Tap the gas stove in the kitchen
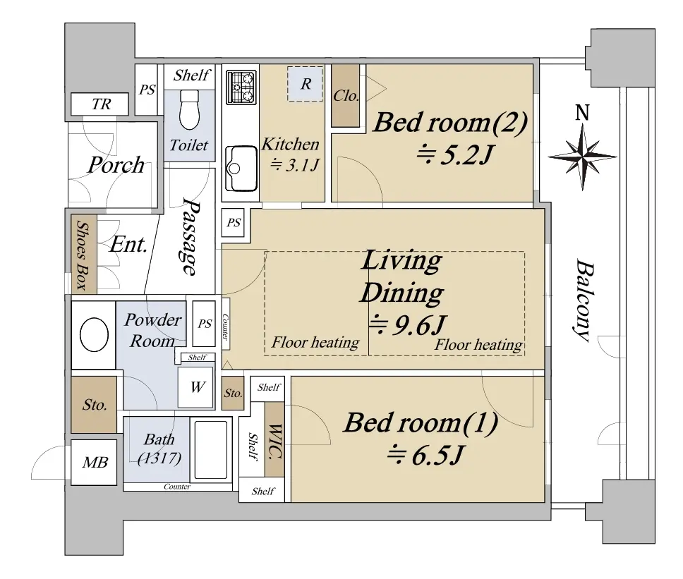[241, 87]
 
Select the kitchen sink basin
[241, 169]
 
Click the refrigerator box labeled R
[305, 84]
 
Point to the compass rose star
[582, 157]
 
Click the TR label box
[99, 104]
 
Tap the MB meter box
[94, 462]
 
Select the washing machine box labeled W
[196, 387]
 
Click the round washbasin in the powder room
[94, 334]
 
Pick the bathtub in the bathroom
[211, 449]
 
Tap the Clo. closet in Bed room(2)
[346, 95]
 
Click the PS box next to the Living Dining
[233, 222]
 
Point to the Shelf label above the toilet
[192, 75]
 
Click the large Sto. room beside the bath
[94, 404]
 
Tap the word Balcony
[584, 300]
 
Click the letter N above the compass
[582, 112]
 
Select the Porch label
[116, 164]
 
